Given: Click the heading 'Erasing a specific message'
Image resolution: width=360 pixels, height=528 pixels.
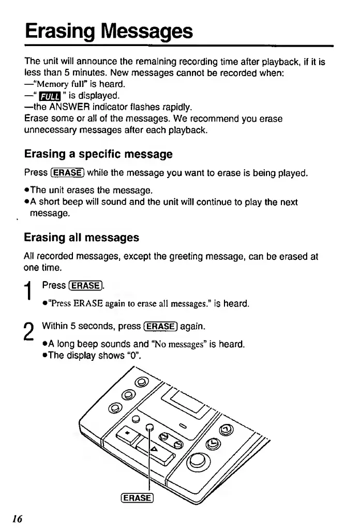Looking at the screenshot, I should coord(98,154).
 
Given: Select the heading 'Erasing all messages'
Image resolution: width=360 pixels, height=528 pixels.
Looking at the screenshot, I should coord(81,238).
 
